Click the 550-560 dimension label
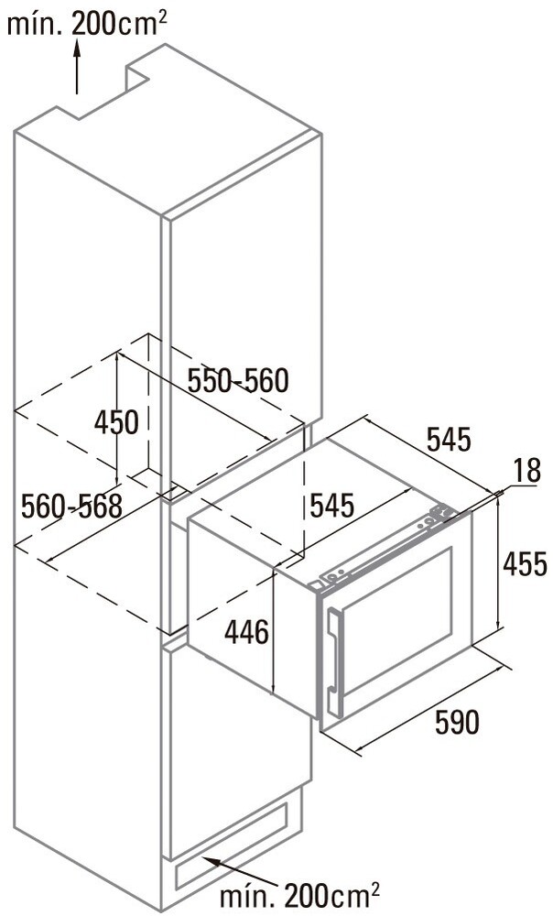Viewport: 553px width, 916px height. click(238, 381)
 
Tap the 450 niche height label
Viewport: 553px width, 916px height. click(117, 421)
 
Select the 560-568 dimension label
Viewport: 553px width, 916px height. click(71, 506)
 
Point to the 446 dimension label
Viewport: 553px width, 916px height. click(247, 632)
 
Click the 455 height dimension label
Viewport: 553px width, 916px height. click(525, 563)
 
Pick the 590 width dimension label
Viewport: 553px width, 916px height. click(457, 722)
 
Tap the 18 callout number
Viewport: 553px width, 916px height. click(528, 471)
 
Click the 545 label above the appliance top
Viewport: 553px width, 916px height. click(449, 440)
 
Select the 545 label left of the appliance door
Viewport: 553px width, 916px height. click(331, 506)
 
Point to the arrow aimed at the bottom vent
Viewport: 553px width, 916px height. click(239, 870)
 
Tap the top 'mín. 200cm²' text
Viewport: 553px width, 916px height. click(86, 24)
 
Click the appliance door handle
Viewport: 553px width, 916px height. click(334, 662)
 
